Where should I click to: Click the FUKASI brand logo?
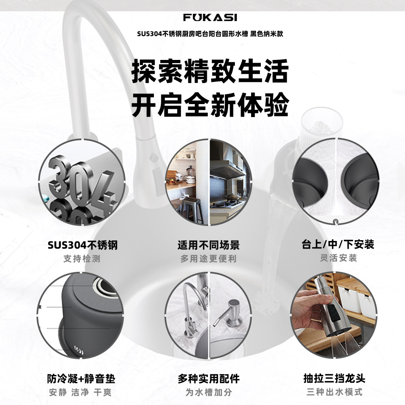tap(210, 17)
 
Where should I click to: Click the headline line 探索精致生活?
tap(210, 71)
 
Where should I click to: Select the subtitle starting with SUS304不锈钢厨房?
tap(210, 34)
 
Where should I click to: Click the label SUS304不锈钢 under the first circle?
tap(83, 245)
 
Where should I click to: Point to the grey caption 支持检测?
tap(82, 259)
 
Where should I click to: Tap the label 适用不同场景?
tap(209, 245)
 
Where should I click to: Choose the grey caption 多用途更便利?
tap(209, 259)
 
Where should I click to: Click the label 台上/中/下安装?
tap(338, 244)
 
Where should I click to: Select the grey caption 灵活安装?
tap(338, 258)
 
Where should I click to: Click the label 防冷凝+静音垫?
tap(81, 379)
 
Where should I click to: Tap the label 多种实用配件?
tap(209, 379)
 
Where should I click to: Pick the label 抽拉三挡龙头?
tap(335, 378)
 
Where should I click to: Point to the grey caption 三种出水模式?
tap(335, 392)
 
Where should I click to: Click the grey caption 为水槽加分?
tap(209, 392)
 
